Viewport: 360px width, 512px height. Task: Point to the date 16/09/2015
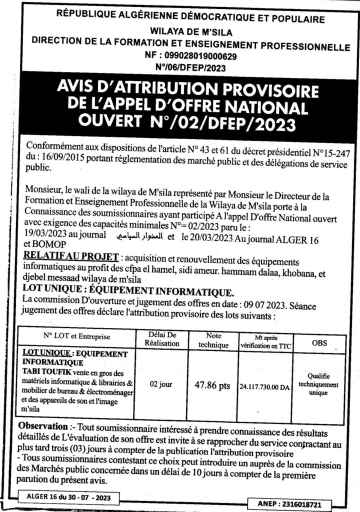pos(57,157)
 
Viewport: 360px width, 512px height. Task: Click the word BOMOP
pos(39,245)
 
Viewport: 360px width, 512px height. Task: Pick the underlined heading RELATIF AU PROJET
pos(70,257)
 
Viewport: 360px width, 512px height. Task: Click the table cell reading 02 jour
pos(161,385)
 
